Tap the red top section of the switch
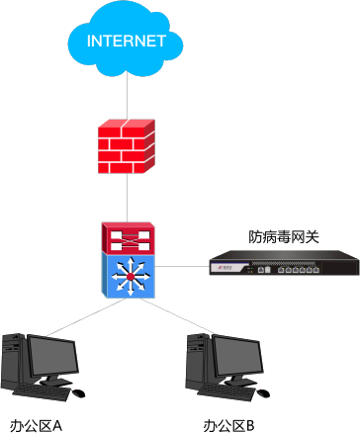click(128, 237)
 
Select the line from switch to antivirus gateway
click(182, 266)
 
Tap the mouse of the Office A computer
click(78, 393)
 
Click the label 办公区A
click(36, 425)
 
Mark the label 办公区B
click(228, 425)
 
